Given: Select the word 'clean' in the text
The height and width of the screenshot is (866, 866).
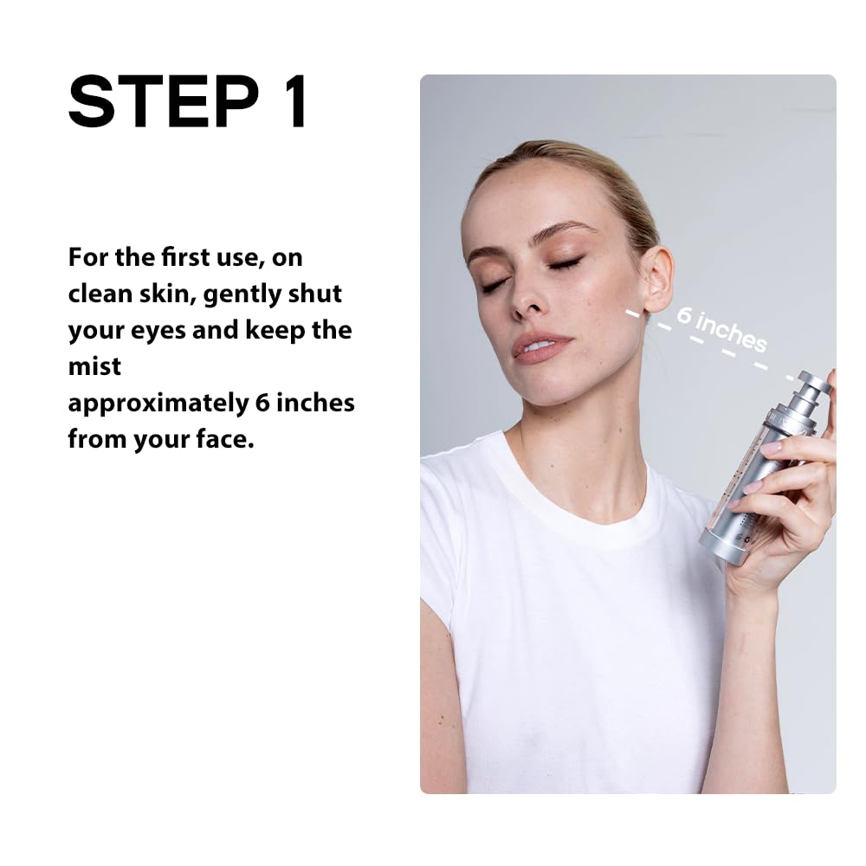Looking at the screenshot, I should click(100, 294).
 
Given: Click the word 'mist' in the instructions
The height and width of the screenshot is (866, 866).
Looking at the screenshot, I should click(94, 366).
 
